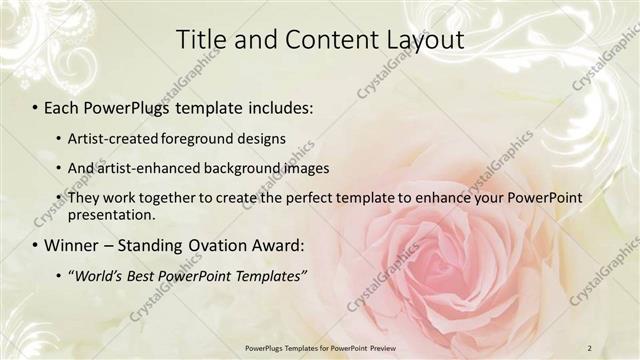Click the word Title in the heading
click(x=200, y=39)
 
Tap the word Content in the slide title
click(x=319, y=39)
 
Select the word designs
click(x=260, y=137)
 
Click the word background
click(x=241, y=168)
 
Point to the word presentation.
click(x=111, y=214)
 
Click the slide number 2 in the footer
click(x=590, y=347)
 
